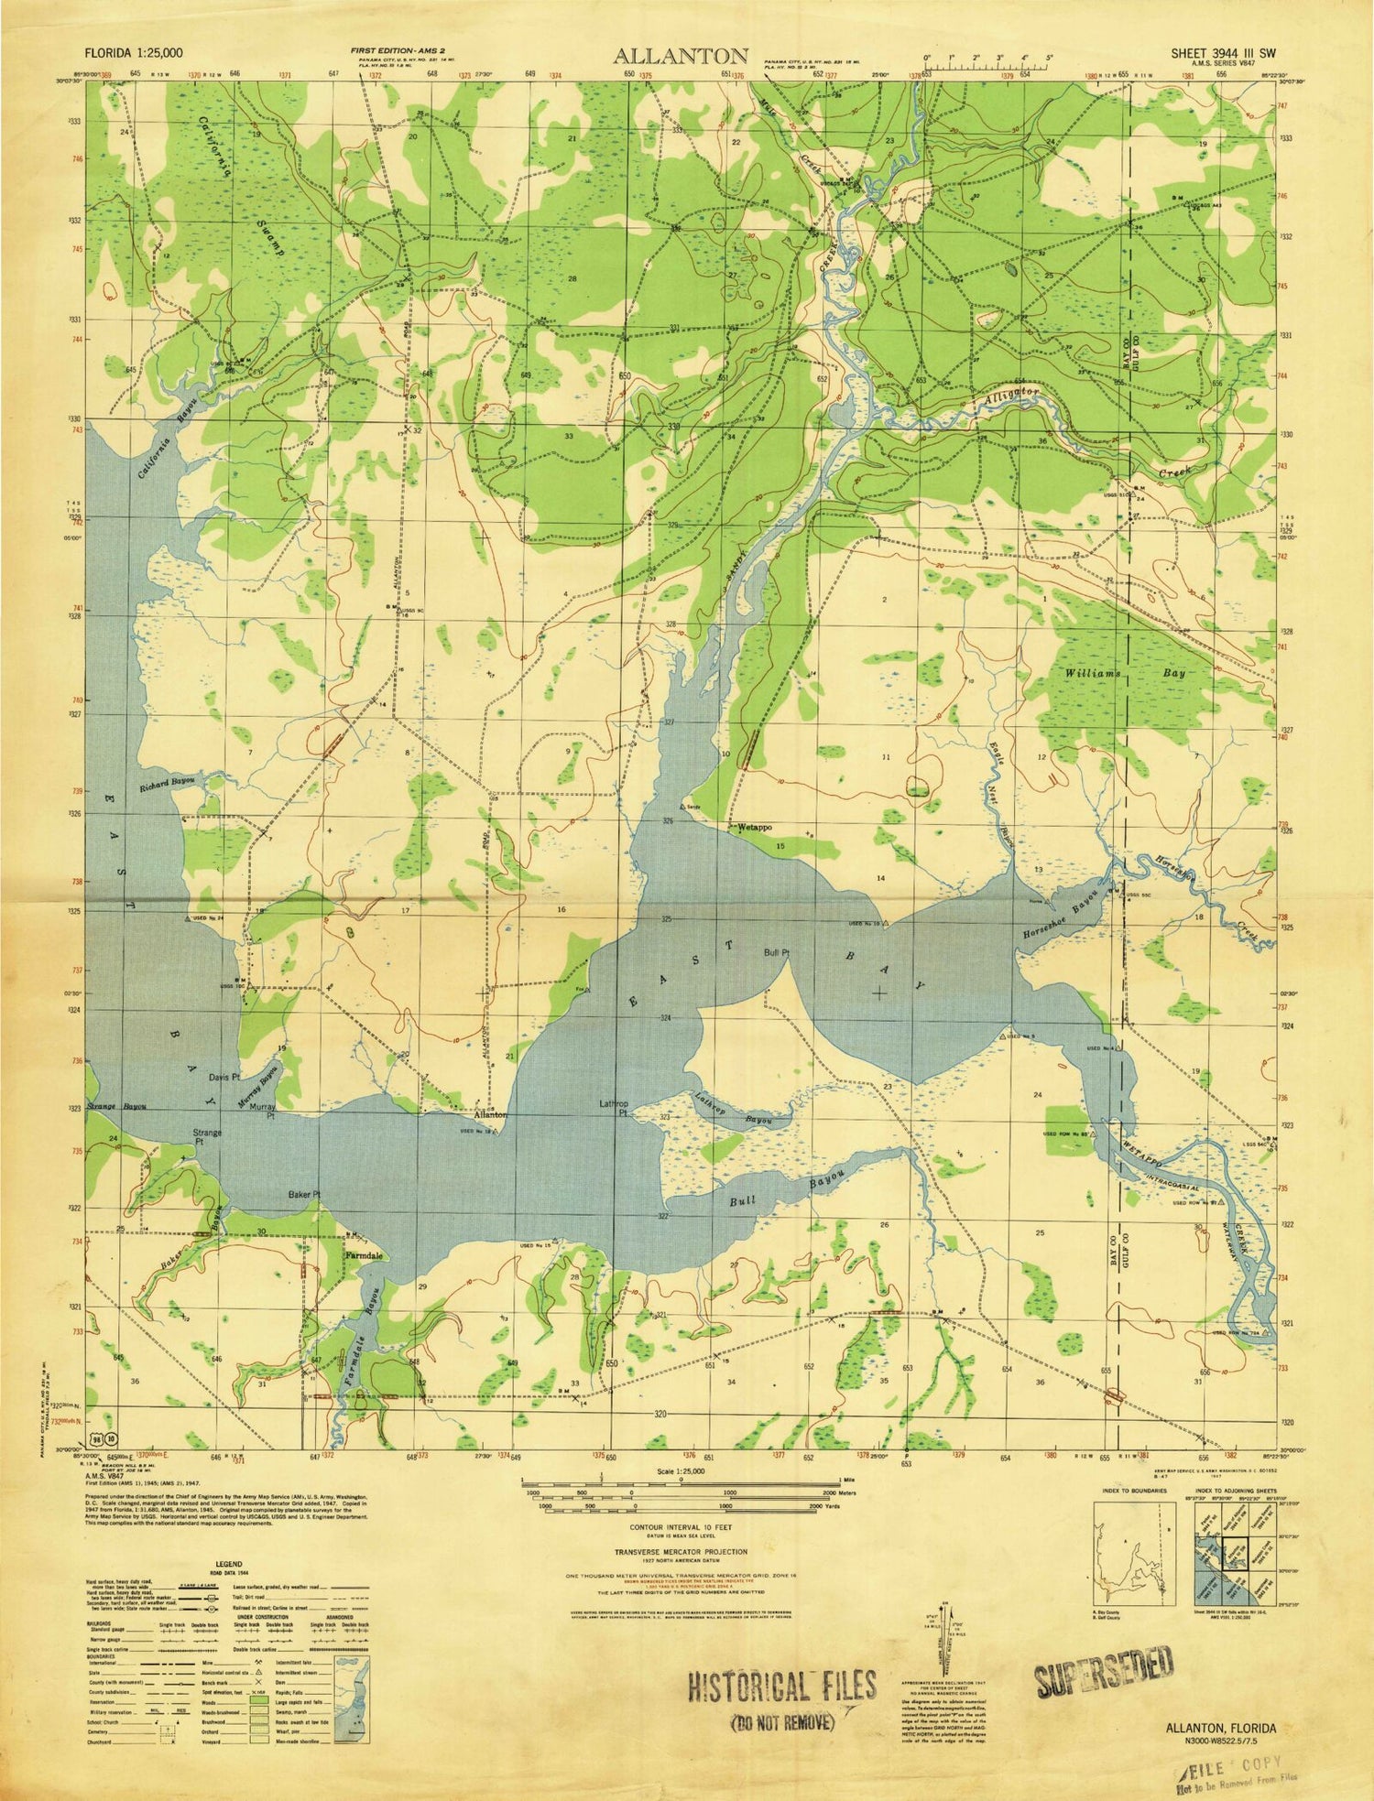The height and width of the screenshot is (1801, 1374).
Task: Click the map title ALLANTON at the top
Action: pos(682,55)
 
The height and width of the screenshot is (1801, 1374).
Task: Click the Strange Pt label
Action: pos(208,1138)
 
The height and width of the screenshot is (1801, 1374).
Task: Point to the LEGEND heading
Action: pos(229,1565)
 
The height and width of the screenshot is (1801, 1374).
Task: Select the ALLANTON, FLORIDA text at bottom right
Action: pos(1221,1727)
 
